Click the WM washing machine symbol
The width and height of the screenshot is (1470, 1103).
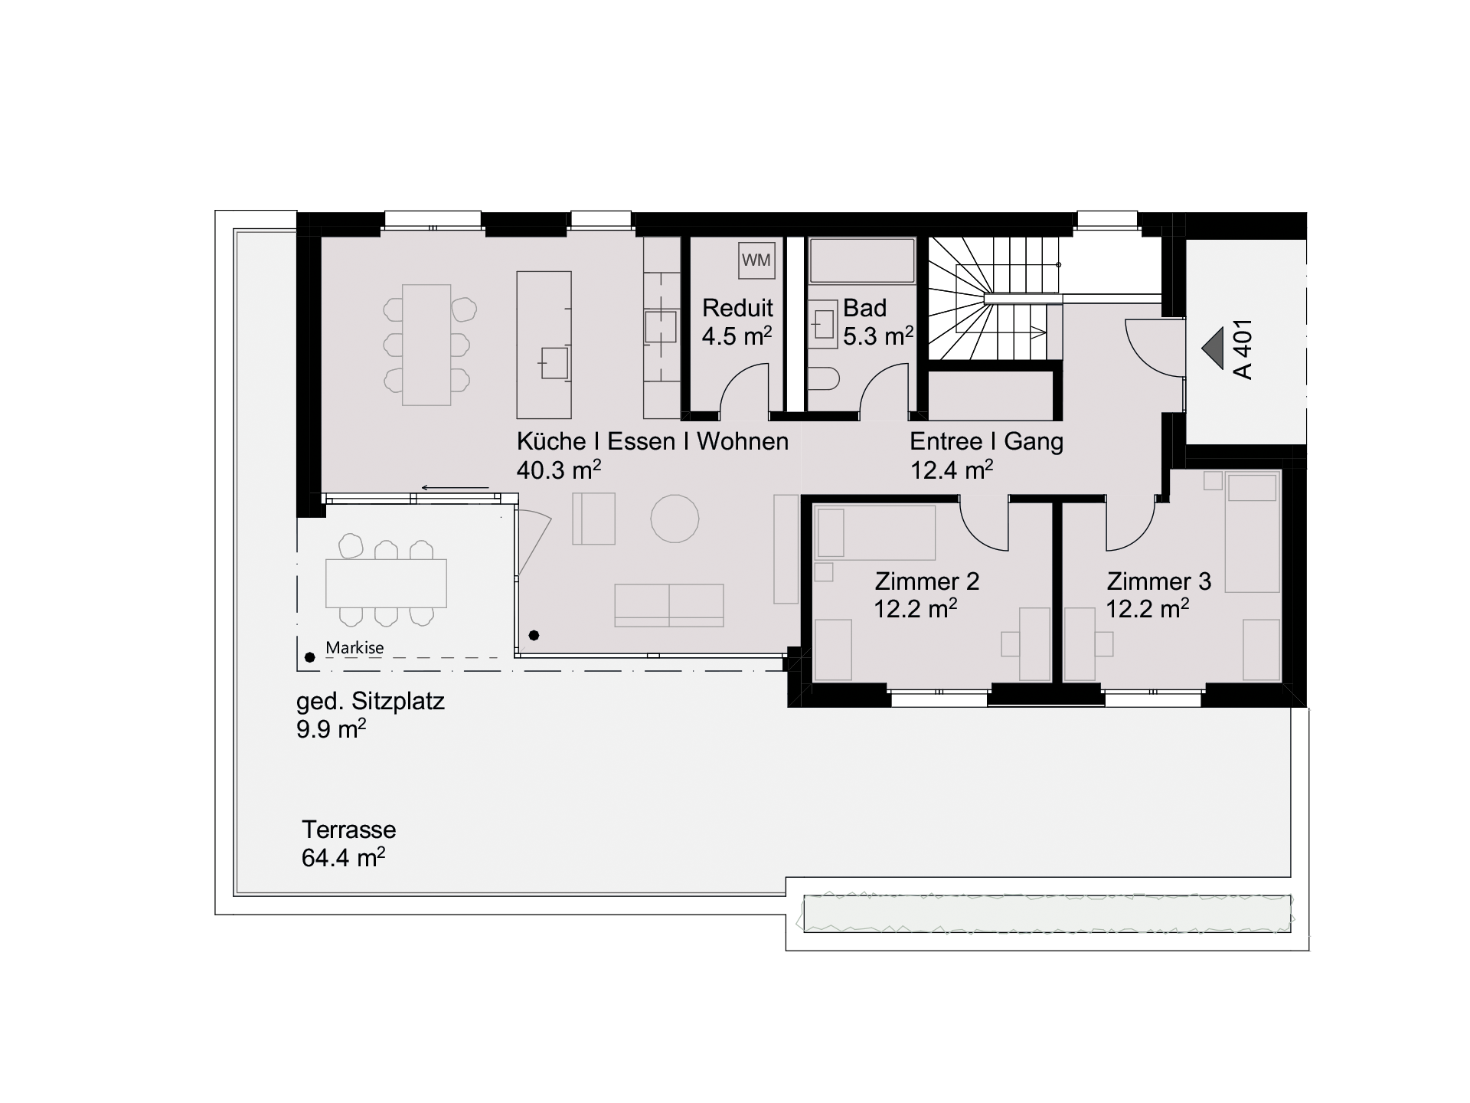click(x=756, y=260)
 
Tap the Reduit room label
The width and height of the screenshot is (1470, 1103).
click(x=737, y=308)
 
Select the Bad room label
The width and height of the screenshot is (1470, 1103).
click(x=864, y=308)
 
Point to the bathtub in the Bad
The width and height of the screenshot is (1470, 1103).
click(x=862, y=261)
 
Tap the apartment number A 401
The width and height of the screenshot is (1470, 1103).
click(x=1243, y=349)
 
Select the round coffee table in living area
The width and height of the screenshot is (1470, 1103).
click(x=675, y=519)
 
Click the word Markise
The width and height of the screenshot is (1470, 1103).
click(x=354, y=648)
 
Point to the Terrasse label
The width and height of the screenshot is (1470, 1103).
click(x=348, y=830)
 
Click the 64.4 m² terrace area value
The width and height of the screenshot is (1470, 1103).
click(x=343, y=857)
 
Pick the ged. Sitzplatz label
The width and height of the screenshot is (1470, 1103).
click(x=371, y=702)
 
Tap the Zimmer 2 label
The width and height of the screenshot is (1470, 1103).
click(x=927, y=581)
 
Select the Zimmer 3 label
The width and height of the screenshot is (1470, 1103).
click(x=1159, y=581)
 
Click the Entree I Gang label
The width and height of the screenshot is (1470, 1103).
click(x=986, y=441)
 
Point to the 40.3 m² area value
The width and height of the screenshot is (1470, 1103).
click(x=559, y=470)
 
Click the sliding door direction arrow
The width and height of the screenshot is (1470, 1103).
click(x=455, y=488)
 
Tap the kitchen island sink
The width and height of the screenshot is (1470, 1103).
click(x=554, y=363)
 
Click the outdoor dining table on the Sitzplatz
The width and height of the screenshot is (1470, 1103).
click(x=386, y=584)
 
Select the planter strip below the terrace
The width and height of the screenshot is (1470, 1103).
click(x=1047, y=914)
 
